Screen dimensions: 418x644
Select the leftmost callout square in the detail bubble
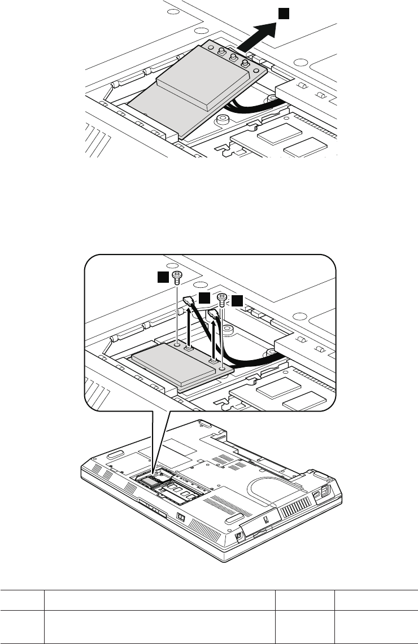click(x=163, y=276)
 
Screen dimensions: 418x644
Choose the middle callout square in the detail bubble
click(x=204, y=297)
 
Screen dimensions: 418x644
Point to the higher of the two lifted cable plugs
click(x=190, y=305)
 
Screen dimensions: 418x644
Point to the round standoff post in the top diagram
click(x=222, y=119)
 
